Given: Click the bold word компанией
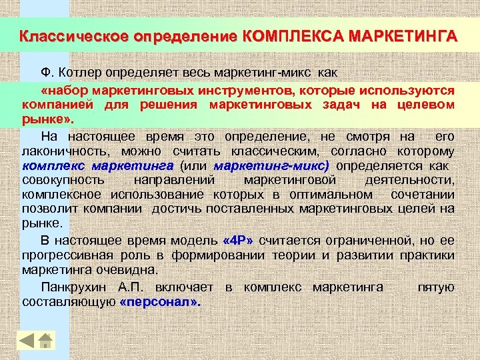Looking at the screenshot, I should coord(59,105).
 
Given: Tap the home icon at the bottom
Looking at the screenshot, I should coord(46,341).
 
